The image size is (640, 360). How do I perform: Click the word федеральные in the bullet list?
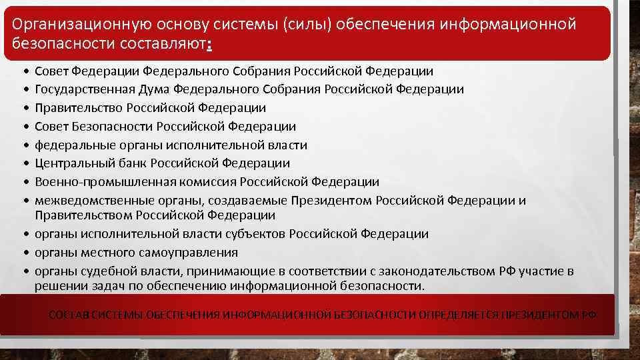point(69,145)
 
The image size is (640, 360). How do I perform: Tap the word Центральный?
point(73,163)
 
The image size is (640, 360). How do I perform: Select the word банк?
point(131,163)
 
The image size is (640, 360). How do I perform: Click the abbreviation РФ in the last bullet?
point(506,271)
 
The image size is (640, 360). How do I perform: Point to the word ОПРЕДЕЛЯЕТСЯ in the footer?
point(459,315)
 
